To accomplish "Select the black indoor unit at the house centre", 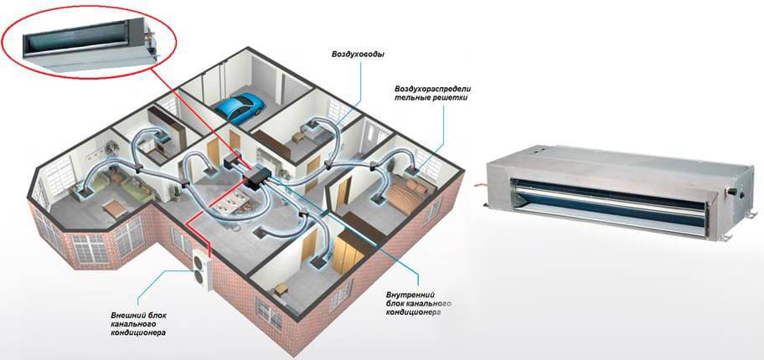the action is tap(258, 177).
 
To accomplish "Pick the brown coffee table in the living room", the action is tap(116, 209).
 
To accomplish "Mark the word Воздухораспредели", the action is tap(434, 90).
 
